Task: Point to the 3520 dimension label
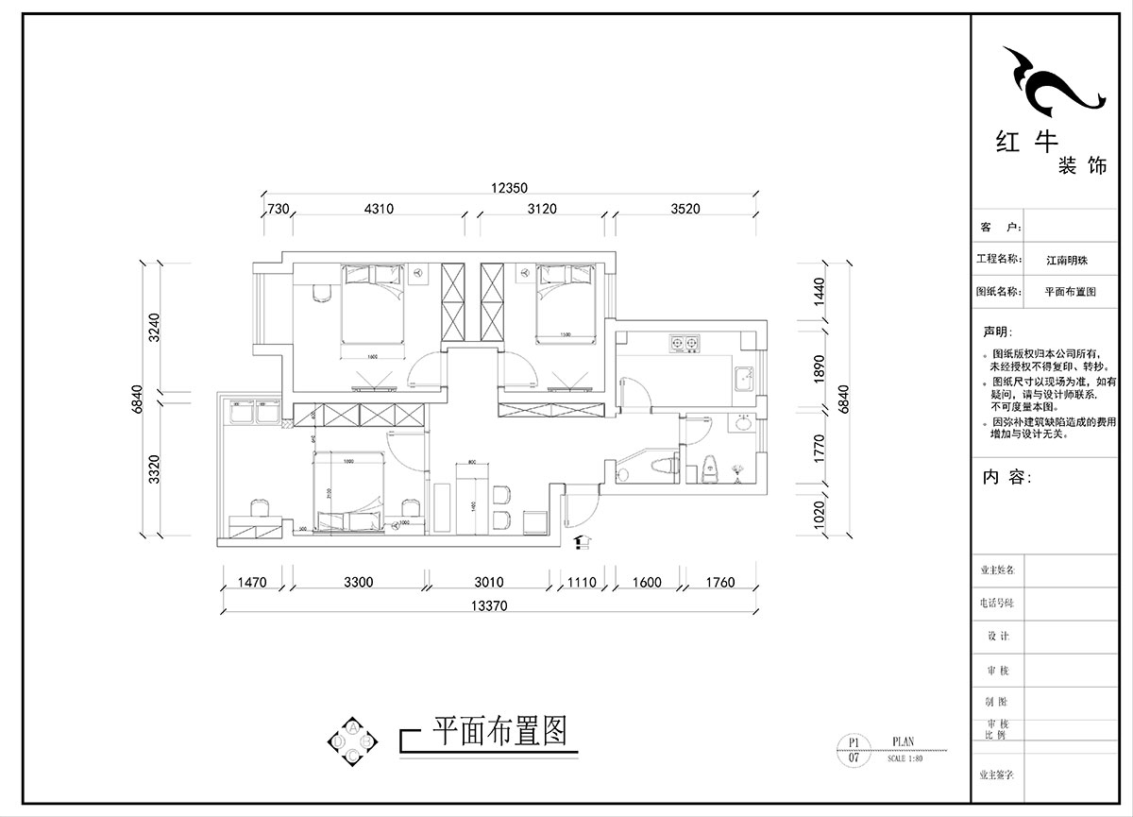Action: tap(685, 209)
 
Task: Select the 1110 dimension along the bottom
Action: tap(583, 583)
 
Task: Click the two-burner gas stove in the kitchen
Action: tap(685, 341)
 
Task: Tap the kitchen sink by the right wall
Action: tap(743, 377)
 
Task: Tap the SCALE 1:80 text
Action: tap(905, 757)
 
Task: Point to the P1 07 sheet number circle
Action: tap(854, 750)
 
